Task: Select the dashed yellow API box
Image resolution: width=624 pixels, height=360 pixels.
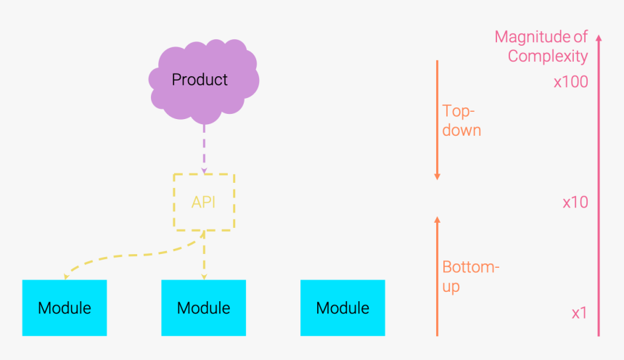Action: point(203,202)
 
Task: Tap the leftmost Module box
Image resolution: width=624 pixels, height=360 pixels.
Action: point(65,308)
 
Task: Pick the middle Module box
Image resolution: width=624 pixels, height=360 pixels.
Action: point(204,308)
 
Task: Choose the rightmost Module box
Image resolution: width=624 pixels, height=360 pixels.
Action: point(342,308)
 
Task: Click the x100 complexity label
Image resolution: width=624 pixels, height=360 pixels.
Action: point(570,82)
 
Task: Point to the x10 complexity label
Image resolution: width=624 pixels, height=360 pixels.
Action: point(575,202)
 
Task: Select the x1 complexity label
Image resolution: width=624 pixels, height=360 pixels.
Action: point(578,314)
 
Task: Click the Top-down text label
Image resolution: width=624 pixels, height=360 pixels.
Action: point(461,120)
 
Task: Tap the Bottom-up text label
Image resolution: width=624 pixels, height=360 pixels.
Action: point(470,277)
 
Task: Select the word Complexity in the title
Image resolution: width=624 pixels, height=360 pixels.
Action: point(547,56)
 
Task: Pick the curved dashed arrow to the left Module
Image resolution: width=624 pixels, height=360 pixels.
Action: point(123,255)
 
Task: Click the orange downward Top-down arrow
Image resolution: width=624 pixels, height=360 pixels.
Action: point(437,120)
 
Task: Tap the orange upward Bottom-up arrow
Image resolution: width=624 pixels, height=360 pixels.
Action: point(437,276)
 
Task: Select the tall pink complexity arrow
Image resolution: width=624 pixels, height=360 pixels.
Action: point(599,189)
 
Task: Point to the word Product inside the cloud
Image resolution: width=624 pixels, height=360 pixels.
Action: point(200,79)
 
